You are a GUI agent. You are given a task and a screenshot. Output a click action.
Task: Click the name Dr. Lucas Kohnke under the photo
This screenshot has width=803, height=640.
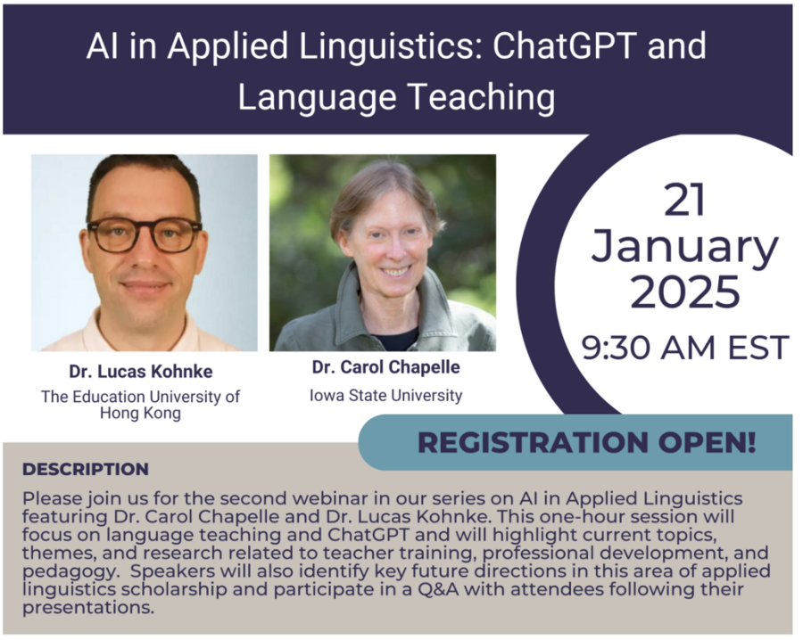[x=141, y=372]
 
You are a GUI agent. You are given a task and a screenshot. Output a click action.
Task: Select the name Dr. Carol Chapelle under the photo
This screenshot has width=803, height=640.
[x=386, y=367]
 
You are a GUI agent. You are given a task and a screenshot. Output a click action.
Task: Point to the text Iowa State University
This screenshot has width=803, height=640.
[x=386, y=396]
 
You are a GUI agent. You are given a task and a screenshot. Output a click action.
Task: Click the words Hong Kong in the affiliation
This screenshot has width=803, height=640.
[x=141, y=413]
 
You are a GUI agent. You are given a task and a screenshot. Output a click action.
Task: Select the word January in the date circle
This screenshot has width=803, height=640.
[x=684, y=248]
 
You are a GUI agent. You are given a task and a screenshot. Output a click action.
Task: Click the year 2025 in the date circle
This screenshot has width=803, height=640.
[x=684, y=291]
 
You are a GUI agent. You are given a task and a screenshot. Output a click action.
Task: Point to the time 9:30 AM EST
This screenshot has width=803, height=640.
[x=685, y=348]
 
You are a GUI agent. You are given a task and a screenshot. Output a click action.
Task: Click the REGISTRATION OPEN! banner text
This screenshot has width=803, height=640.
[x=587, y=442]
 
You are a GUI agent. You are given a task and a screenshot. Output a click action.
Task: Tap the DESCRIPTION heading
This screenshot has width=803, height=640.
[x=86, y=469]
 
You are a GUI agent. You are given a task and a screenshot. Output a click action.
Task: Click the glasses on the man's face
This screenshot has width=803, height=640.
[x=145, y=234]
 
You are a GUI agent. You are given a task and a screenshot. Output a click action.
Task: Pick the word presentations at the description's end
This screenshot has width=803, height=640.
[x=88, y=608]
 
